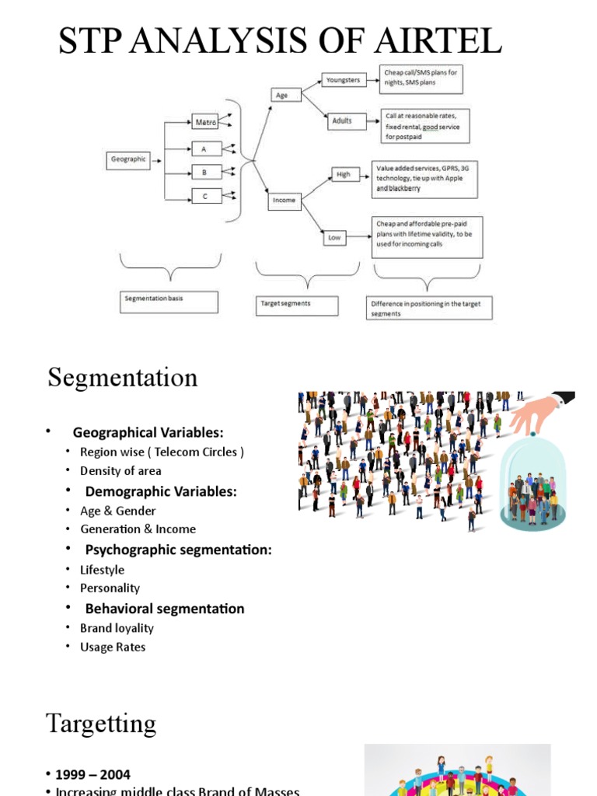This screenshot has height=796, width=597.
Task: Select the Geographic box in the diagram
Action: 128,160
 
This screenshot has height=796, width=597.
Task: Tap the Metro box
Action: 204,122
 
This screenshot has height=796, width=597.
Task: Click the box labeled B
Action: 205,172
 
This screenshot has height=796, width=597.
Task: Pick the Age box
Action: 282,96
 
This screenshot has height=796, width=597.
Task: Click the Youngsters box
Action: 343,79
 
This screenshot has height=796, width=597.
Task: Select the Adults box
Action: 342,121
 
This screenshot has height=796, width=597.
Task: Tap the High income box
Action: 344,175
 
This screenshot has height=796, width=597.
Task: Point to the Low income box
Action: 334,238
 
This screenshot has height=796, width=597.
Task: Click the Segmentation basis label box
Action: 169,302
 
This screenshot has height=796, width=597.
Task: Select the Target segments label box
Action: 297,305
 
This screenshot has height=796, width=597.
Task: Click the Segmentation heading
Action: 123,378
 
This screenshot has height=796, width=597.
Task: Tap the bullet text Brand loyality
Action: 117,628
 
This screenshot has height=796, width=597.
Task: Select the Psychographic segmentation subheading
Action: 178,550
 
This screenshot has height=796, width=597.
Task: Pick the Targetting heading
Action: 101,724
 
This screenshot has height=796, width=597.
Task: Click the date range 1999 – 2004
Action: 92,774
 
